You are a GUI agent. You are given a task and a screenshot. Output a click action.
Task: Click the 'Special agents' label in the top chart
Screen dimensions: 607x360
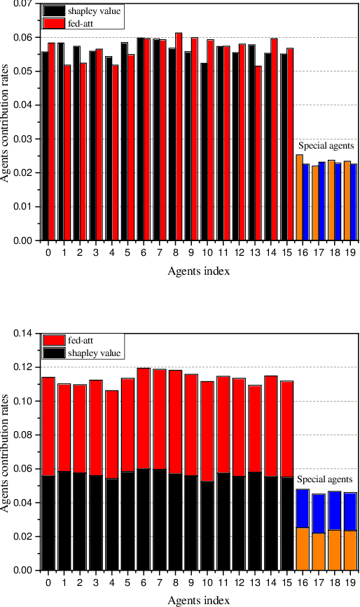[326, 146]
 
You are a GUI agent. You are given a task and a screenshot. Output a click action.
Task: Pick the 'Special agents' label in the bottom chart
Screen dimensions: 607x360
[324, 479]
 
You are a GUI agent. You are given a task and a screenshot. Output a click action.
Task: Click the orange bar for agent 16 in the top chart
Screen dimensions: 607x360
[299, 198]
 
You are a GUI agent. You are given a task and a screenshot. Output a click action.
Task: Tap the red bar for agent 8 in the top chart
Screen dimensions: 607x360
[179, 137]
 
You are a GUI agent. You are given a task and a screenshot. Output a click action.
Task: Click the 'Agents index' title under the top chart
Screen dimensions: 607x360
[199, 271]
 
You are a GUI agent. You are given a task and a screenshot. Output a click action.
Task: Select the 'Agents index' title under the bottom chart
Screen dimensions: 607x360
[199, 600]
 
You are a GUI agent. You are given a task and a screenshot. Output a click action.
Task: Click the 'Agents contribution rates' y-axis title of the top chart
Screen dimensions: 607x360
[6, 122]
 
